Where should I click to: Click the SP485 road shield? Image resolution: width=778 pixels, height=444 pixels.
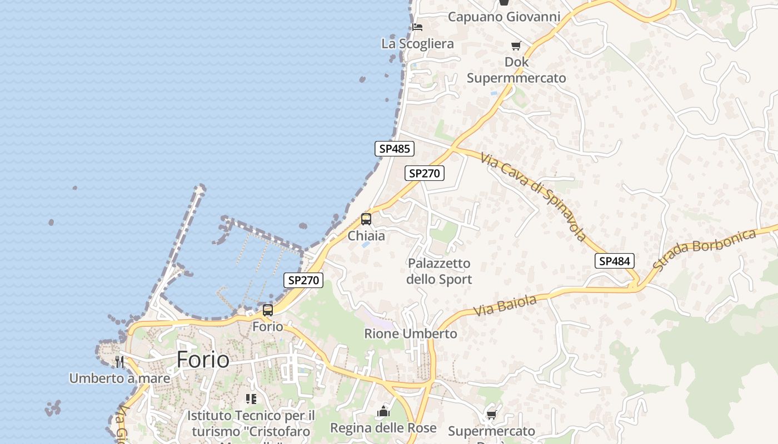pos(394,149)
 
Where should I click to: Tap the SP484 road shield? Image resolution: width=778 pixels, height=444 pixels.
pos(615,261)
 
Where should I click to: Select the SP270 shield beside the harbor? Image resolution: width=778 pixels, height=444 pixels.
pos(303,280)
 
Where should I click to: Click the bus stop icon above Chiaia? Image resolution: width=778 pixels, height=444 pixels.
pos(366,219)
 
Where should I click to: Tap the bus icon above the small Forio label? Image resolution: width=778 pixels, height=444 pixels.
pos(268,310)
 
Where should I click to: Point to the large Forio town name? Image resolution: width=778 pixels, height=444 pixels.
pos(203,360)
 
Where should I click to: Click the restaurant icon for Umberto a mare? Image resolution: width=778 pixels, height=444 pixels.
pos(119,362)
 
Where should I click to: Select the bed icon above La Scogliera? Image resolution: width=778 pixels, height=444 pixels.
pos(417,27)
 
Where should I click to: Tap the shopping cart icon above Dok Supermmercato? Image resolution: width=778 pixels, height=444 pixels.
pos(516,46)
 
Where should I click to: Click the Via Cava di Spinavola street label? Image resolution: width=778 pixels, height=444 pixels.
pos(533,197)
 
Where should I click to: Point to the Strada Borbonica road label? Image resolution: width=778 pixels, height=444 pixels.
pos(704,250)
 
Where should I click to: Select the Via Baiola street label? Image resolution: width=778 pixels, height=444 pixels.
pos(505,306)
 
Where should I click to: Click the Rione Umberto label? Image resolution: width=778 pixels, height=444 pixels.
pos(411,334)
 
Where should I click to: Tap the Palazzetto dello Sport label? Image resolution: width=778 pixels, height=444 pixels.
pos(439,271)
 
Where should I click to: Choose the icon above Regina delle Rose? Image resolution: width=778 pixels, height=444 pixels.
pos(383,412)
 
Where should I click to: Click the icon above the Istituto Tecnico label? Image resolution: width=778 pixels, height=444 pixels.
pos(251,398)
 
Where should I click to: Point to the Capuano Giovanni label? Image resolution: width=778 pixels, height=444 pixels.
pos(504,17)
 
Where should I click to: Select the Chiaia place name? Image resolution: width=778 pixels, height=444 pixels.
pos(366,236)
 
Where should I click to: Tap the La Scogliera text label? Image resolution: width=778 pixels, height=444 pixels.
pos(417,43)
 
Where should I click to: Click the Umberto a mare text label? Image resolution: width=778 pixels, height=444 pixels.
pos(119,379)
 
